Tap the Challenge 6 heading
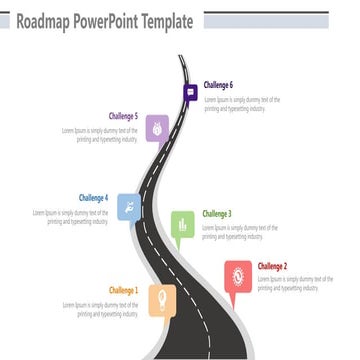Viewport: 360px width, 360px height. (x=219, y=86)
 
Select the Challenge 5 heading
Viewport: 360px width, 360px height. (x=123, y=116)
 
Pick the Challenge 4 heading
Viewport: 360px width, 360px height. (x=93, y=198)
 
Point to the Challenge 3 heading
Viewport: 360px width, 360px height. (x=217, y=214)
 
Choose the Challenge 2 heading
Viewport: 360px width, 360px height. (x=272, y=266)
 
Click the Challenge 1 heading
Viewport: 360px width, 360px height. (x=124, y=290)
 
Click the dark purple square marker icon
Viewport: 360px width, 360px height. (x=190, y=93)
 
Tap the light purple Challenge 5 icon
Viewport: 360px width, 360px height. (x=157, y=126)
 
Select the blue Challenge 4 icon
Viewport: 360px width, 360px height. (x=128, y=207)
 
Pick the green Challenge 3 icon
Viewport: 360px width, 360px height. (x=182, y=225)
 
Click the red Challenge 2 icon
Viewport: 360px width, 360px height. (x=238, y=275)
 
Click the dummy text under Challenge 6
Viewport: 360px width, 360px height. (x=242, y=104)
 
